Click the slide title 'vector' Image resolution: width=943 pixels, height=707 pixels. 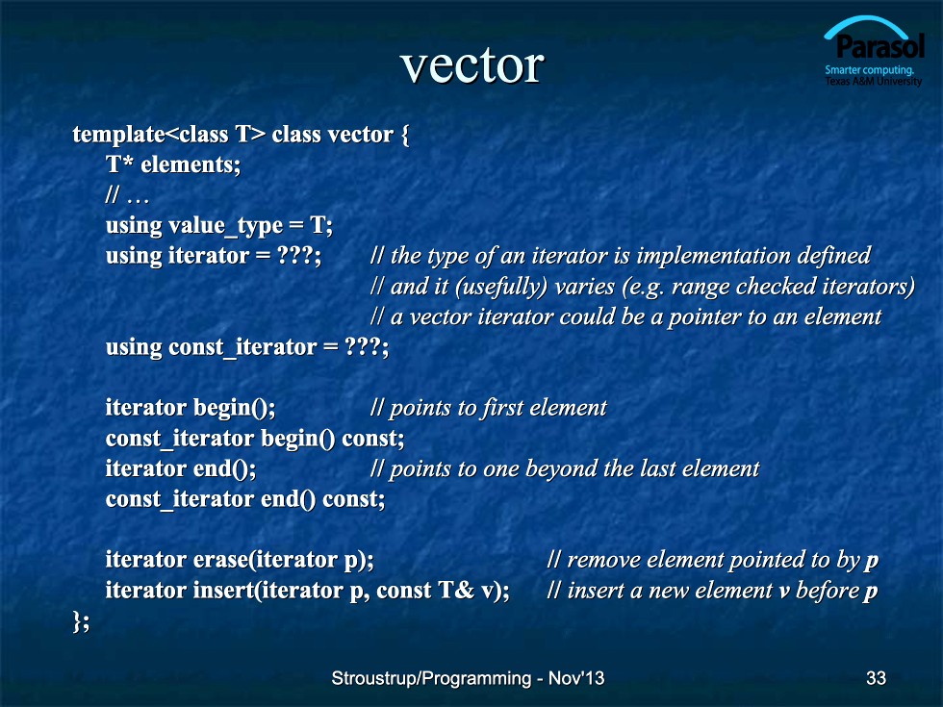(x=472, y=65)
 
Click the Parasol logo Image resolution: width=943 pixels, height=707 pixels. (x=874, y=51)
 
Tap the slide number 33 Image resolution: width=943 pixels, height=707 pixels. (x=876, y=678)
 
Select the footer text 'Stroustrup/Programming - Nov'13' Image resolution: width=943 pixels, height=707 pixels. (x=468, y=678)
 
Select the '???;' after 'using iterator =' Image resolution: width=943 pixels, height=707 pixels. (x=299, y=256)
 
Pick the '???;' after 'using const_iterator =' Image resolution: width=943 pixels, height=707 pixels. (x=367, y=347)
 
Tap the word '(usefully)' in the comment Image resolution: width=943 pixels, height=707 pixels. (x=501, y=287)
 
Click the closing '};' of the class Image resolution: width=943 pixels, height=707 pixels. (x=81, y=621)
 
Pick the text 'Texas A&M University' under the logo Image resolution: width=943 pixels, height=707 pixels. (x=874, y=81)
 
